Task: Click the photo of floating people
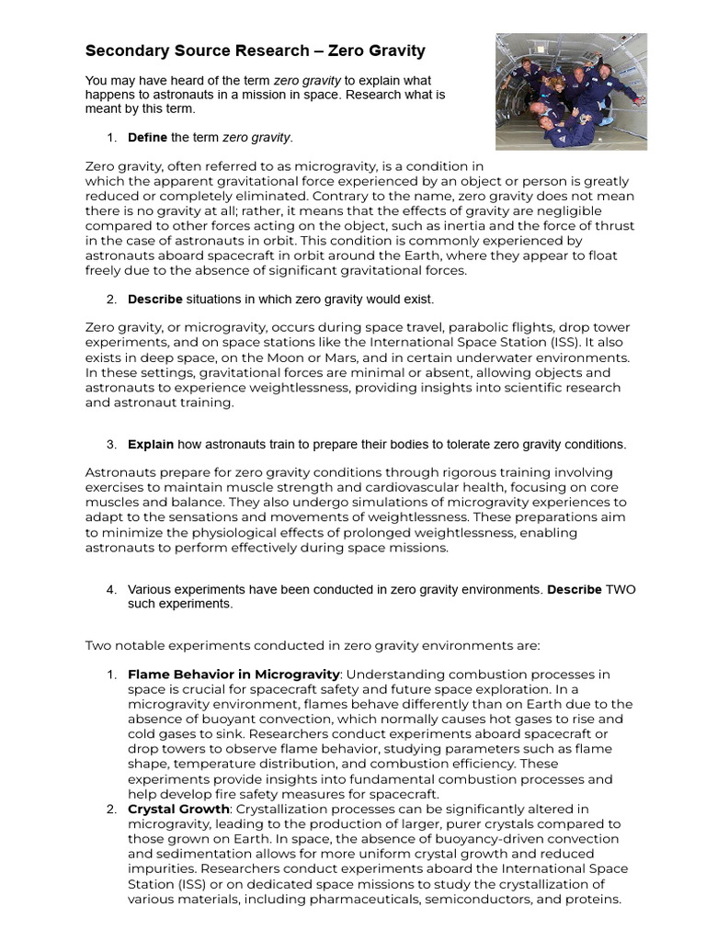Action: (x=571, y=91)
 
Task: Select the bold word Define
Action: (x=147, y=138)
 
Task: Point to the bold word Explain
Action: (x=151, y=445)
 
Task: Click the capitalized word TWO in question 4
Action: (x=621, y=589)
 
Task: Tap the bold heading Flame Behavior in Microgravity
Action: (x=233, y=675)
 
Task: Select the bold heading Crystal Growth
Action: (x=178, y=809)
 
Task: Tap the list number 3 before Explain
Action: (x=110, y=445)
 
